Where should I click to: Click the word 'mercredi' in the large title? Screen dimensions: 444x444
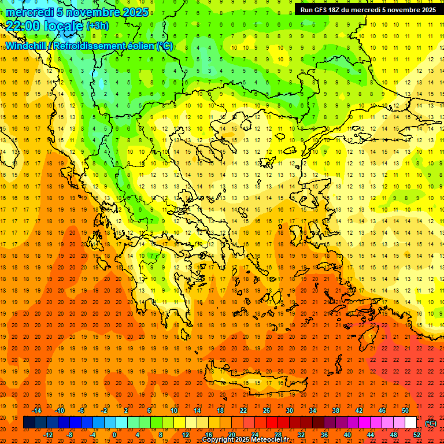click(x=29, y=12)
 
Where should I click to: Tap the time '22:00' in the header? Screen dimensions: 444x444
click(x=23, y=25)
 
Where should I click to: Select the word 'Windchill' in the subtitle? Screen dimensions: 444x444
click(x=27, y=46)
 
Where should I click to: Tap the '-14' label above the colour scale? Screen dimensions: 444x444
click(x=36, y=410)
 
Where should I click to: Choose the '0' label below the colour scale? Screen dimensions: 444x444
click(x=114, y=434)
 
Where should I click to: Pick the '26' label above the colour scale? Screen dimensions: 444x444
click(x=267, y=410)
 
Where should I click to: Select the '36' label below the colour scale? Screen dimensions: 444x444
click(x=324, y=434)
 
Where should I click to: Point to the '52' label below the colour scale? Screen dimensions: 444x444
click(x=417, y=434)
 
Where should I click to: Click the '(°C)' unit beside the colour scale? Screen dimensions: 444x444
click(x=431, y=423)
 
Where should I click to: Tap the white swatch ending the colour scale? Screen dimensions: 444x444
click(x=410, y=423)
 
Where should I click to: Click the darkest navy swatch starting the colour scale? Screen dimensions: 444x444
click(x=29, y=423)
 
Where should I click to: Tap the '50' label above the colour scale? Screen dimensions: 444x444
click(x=405, y=410)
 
